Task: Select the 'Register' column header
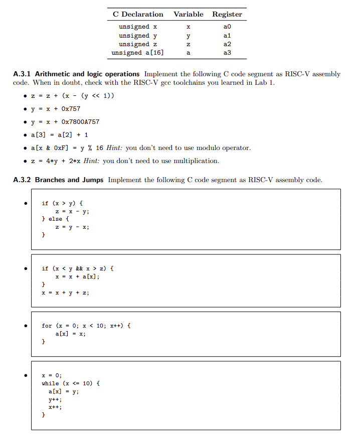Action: click(x=227, y=15)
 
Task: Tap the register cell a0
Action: click(x=227, y=27)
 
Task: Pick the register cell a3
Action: click(x=227, y=53)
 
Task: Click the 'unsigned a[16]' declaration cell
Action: click(x=138, y=53)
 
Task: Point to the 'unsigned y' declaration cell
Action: click(x=138, y=36)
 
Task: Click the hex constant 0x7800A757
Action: click(x=80, y=122)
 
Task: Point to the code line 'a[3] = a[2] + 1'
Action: click(x=59, y=135)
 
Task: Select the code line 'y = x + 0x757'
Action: click(x=56, y=109)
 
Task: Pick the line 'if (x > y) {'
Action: click(x=62, y=203)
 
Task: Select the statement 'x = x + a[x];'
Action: click(x=77, y=276)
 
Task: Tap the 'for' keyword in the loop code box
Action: click(x=47, y=326)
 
